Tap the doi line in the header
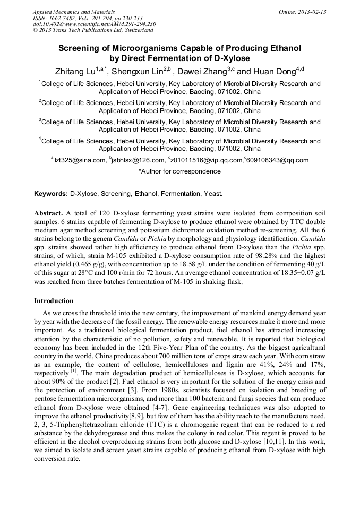coord(95,24)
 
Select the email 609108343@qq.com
coord(277,160)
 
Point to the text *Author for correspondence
coord(179,171)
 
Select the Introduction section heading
coord(54,301)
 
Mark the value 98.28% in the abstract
coord(227,247)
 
